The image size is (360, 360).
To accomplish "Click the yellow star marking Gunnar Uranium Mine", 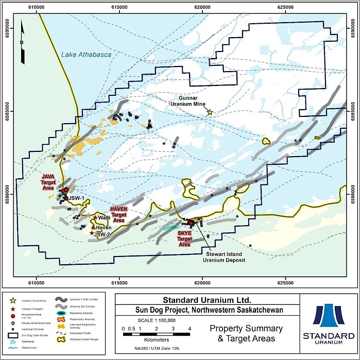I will pyautogui.click(x=210, y=111).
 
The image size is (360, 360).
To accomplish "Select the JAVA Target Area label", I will pyautogui.click(x=51, y=183).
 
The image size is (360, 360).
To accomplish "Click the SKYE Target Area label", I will pyautogui.click(x=184, y=239).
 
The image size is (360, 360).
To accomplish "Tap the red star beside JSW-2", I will pyautogui.click(x=92, y=233).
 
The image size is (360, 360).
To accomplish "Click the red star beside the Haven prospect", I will pyautogui.click(x=93, y=227).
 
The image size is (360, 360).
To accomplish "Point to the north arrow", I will pyautogui.click(x=21, y=39).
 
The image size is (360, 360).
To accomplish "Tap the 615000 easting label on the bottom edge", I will pyautogui.click(x=119, y=282).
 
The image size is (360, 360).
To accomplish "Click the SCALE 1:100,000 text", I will pyautogui.click(x=156, y=319).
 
